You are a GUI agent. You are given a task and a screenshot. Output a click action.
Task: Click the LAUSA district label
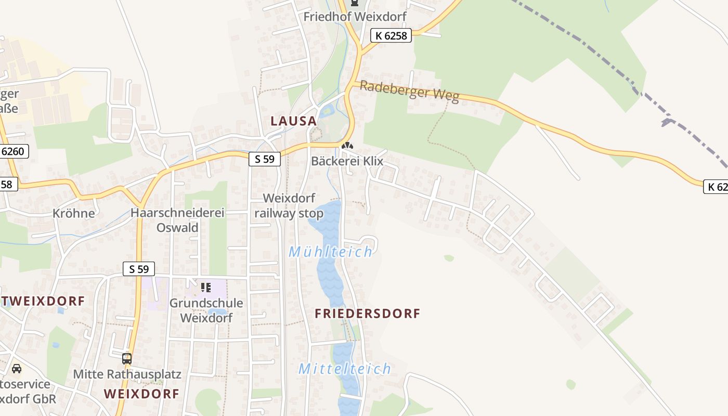[x=293, y=121]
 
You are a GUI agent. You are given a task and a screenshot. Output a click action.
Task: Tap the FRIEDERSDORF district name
[x=367, y=314]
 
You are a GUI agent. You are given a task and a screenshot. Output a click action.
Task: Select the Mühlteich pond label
[x=331, y=252]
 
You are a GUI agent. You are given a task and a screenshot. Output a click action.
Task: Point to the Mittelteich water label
[x=344, y=369]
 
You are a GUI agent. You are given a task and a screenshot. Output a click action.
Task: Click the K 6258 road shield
[x=391, y=35]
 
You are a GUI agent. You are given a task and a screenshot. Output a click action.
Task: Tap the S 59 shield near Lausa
[x=265, y=159]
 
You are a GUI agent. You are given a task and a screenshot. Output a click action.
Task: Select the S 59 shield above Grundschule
[x=139, y=269]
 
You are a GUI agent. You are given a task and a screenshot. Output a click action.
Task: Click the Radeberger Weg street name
[x=409, y=92]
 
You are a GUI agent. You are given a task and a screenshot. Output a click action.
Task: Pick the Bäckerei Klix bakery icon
[x=347, y=147]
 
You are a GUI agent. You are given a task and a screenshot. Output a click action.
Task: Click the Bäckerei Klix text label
[x=347, y=161]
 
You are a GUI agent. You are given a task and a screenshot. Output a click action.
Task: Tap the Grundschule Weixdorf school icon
[x=206, y=287]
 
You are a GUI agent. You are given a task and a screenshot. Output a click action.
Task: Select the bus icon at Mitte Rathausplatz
[x=127, y=358]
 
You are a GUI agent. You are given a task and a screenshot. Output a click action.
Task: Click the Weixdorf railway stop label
[x=289, y=206]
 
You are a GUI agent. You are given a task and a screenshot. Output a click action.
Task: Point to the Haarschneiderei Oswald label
[x=177, y=220]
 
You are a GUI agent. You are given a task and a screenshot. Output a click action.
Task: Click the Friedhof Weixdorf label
[x=355, y=17]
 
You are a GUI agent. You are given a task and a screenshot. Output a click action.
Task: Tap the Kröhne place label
[x=73, y=213]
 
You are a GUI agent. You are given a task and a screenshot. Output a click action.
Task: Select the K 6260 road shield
[x=12, y=152]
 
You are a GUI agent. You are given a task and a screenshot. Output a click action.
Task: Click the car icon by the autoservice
[x=17, y=369]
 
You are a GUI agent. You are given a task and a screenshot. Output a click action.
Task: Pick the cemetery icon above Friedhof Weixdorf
[x=355, y=3]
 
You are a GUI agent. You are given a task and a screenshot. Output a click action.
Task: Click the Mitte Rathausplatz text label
[x=127, y=374]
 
